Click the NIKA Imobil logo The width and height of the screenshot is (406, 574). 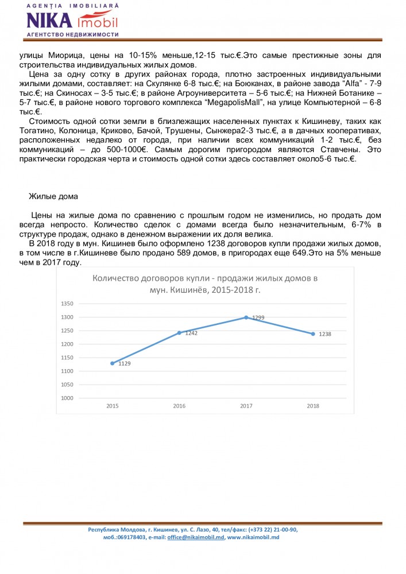click(72, 21)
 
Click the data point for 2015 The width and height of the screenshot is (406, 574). click(113, 363)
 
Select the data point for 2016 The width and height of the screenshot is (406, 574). click(179, 333)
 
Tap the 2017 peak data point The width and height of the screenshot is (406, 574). click(246, 317)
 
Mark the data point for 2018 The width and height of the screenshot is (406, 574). click(313, 333)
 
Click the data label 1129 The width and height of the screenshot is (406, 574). click(125, 364)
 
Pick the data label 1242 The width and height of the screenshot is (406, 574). click(191, 333)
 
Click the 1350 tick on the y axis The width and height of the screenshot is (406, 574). click(68, 304)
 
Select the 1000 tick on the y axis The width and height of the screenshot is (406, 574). click(68, 398)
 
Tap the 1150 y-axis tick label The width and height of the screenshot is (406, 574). click(68, 358)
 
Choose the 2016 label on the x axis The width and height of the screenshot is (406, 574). click(179, 406)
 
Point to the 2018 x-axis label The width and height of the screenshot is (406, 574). click(313, 406)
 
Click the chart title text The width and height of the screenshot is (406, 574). click(206, 284)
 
